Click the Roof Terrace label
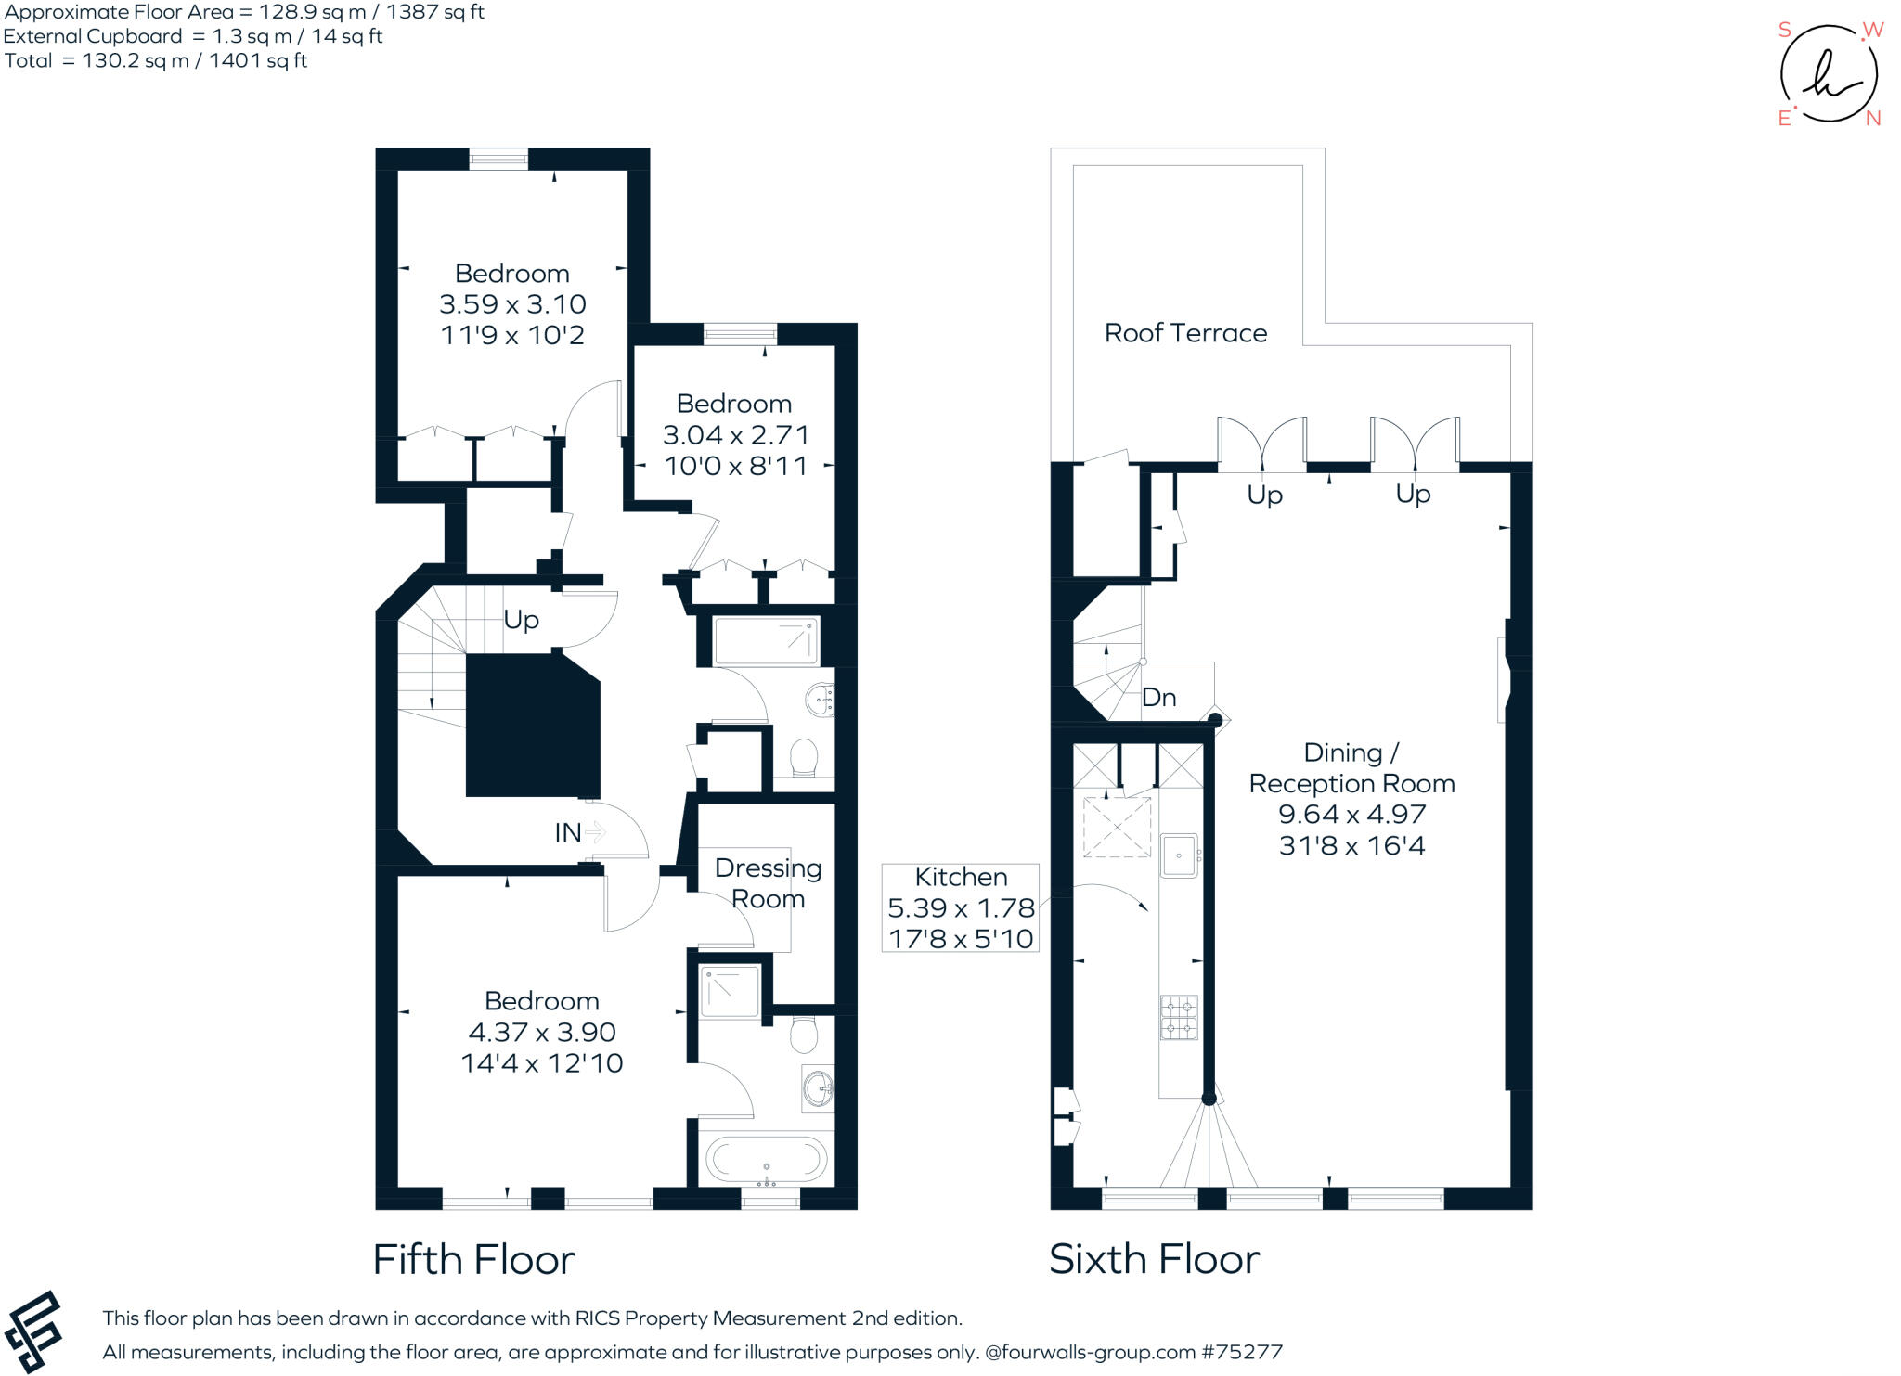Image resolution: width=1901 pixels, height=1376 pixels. click(1185, 333)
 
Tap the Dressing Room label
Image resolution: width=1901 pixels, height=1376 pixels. click(768, 883)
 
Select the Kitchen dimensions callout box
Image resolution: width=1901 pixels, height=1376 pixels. click(960, 908)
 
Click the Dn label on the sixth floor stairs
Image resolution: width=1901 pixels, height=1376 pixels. click(1159, 698)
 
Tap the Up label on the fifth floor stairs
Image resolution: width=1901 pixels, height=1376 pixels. click(521, 620)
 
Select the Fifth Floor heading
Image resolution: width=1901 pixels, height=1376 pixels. click(473, 1260)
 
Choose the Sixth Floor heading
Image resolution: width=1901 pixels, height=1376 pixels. click(1154, 1259)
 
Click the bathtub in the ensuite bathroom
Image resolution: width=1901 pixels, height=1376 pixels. click(766, 1160)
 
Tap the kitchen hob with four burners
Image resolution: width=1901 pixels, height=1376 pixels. click(1179, 1017)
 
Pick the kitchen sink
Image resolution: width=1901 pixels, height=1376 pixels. click(1180, 855)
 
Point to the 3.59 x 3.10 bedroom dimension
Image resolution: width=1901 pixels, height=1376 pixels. click(512, 304)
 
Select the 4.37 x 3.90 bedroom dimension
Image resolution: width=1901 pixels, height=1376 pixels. click(542, 1032)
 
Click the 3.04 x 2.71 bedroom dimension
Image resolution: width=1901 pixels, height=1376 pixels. click(735, 435)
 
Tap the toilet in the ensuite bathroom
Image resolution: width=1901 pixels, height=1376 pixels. click(804, 1035)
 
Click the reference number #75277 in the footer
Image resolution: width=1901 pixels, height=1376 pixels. click(1242, 1352)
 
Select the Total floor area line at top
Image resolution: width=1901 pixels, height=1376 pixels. click(156, 61)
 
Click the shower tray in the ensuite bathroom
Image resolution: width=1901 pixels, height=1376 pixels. click(731, 991)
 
